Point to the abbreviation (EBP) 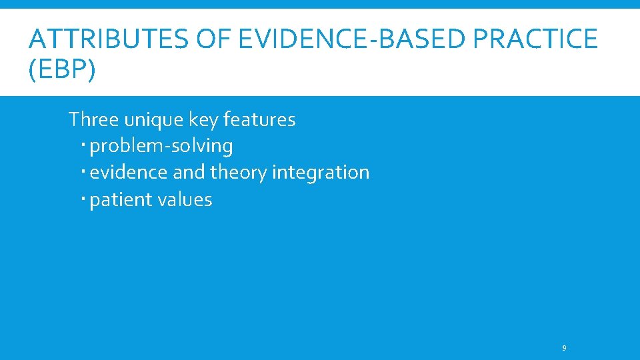[62, 69]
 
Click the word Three [93, 120]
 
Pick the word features [259, 120]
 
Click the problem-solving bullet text [161, 146]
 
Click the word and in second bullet [189, 173]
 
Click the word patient [118, 200]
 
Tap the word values [182, 200]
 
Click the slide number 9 [565, 348]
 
